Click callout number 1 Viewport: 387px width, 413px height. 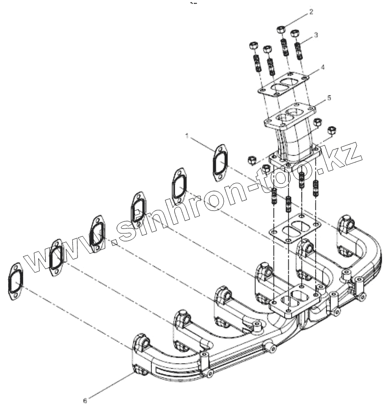[x=187, y=136]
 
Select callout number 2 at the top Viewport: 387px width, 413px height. [x=311, y=12]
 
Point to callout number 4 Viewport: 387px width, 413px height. [x=323, y=67]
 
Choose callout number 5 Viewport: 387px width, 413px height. [x=329, y=98]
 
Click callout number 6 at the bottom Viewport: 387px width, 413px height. [x=85, y=395]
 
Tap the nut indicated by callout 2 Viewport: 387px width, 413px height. [x=280, y=30]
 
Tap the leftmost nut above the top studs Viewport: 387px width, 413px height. [x=253, y=46]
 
